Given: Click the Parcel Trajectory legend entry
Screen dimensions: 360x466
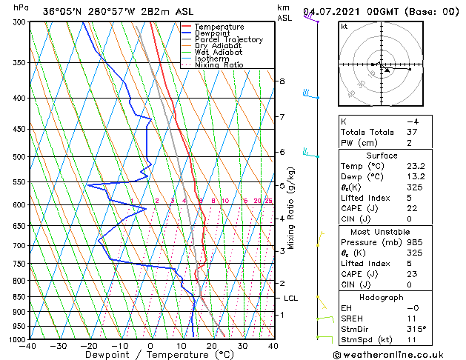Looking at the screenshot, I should click(228, 40).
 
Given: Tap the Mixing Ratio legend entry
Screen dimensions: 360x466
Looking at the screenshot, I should click(220, 65).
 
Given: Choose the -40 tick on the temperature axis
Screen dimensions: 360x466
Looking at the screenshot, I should click(28, 346).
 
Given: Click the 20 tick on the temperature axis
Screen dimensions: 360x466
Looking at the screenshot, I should click(212, 346).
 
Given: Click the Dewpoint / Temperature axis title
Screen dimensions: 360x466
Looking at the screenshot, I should click(150, 356).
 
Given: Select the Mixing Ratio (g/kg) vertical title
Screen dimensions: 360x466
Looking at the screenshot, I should click(293, 208).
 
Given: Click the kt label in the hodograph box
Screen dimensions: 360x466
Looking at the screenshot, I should click(344, 27).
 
